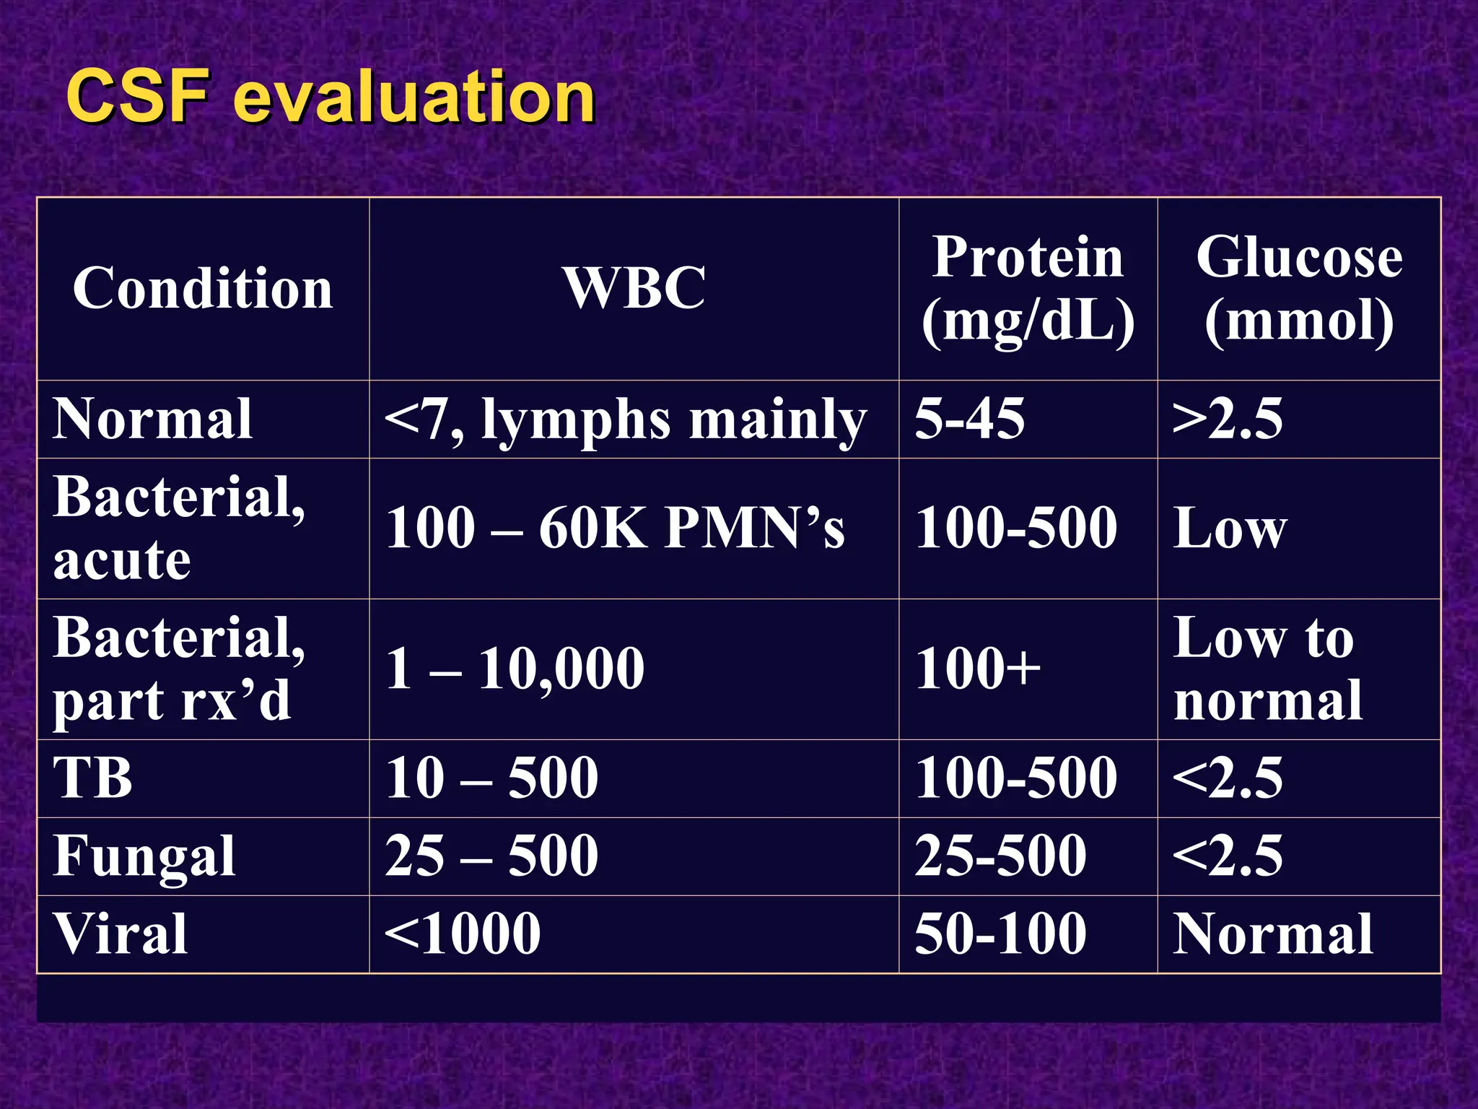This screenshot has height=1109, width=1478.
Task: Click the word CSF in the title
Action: click(x=137, y=97)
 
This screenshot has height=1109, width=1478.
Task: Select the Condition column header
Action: click(x=203, y=288)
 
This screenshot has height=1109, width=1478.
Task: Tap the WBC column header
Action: click(x=634, y=288)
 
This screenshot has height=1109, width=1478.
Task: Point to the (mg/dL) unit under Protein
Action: click(x=1028, y=321)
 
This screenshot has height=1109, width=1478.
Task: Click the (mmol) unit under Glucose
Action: click(x=1299, y=321)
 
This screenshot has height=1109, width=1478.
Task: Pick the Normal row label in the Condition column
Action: click(x=152, y=419)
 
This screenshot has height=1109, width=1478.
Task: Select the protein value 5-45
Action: click(x=969, y=419)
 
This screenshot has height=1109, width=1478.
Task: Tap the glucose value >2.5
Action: click(x=1227, y=419)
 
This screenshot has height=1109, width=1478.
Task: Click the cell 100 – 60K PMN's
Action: click(x=615, y=528)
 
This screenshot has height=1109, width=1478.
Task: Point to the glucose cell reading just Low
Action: click(x=1230, y=529)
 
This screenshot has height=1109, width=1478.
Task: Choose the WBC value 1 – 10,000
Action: click(x=515, y=669)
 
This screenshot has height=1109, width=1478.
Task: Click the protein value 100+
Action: click(x=978, y=669)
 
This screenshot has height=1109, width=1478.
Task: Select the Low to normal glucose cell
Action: click(x=1267, y=669)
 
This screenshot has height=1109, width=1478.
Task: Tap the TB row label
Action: click(x=93, y=778)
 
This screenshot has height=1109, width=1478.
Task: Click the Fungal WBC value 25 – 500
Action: click(x=491, y=856)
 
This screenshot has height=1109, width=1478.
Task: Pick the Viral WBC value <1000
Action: click(x=463, y=934)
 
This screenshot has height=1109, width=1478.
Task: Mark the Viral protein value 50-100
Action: click(x=1000, y=934)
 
